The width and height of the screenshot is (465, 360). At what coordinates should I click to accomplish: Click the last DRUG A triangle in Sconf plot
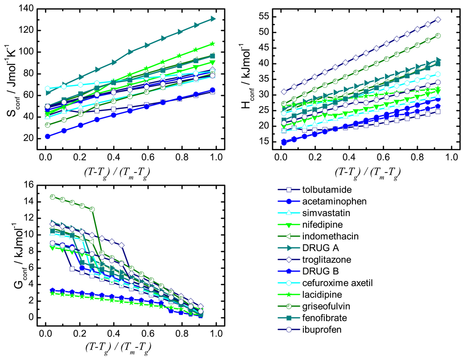point(213,19)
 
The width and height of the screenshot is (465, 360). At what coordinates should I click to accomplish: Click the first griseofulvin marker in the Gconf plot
point(53,197)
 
